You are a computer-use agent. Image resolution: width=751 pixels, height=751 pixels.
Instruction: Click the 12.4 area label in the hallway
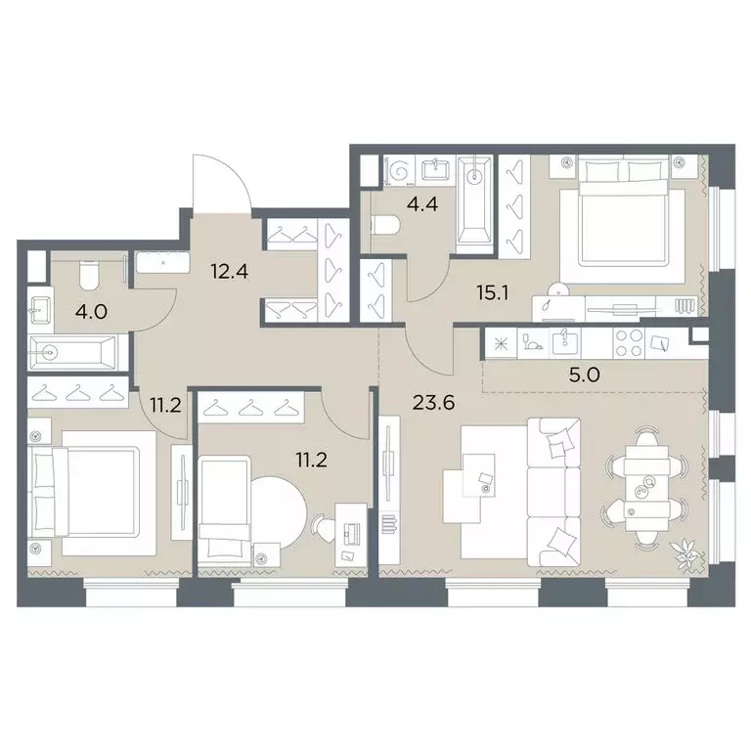(230, 272)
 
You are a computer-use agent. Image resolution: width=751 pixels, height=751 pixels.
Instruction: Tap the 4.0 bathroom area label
(92, 312)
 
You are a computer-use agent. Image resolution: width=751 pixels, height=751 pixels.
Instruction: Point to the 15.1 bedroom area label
(493, 292)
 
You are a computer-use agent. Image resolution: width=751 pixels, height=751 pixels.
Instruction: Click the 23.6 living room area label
(433, 403)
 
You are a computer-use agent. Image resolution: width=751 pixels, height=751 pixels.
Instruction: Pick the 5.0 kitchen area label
(585, 375)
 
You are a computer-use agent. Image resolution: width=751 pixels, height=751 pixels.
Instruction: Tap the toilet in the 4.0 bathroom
(88, 276)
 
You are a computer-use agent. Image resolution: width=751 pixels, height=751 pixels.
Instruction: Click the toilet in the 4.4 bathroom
(386, 225)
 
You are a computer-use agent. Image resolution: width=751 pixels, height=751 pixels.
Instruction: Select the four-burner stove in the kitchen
(629, 343)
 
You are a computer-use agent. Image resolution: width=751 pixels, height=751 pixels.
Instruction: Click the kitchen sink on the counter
(565, 342)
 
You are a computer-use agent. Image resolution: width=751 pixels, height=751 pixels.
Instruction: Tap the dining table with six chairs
(646, 487)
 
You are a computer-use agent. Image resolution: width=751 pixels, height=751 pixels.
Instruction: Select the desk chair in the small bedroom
(324, 527)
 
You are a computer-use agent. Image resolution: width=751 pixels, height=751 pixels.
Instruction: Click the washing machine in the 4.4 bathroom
(400, 170)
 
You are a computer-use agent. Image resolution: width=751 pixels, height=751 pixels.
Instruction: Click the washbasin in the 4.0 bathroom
(40, 310)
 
